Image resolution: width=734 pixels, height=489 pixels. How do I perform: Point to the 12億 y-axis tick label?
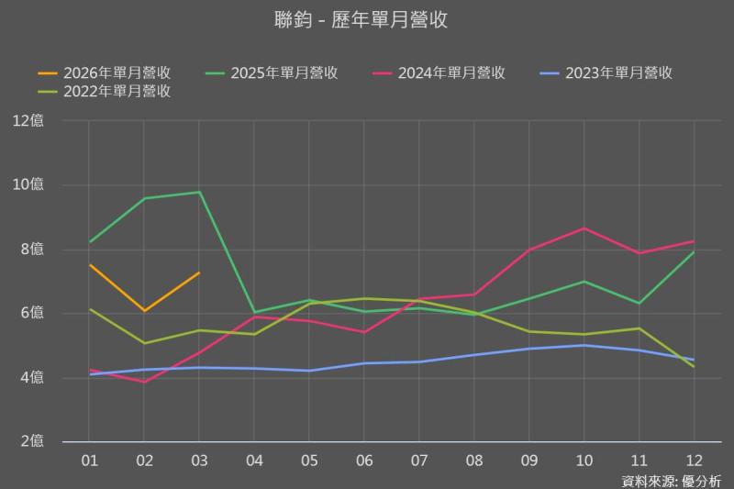pos(28,120)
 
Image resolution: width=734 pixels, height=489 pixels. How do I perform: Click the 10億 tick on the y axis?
pos(28,184)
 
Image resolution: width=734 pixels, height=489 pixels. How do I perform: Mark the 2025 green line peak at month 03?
pos(199,192)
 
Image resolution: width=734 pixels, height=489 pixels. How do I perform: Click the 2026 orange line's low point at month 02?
pos(144,311)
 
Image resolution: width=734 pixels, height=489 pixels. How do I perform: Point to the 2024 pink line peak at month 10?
pos(584,228)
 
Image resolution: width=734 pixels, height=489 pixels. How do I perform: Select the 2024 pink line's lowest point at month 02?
pos(144,382)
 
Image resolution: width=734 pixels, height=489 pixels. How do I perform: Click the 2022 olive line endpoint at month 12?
pos(694,367)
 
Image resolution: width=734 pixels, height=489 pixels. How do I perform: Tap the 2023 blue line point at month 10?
pos(584,345)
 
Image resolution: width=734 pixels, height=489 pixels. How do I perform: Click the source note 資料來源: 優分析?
pos(672,480)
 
